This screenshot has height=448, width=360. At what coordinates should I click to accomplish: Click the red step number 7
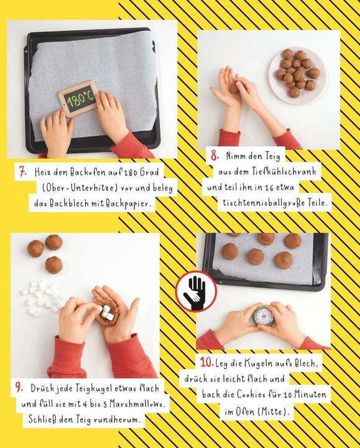[x=23, y=172]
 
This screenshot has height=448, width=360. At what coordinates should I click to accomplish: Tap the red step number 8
[x=215, y=156]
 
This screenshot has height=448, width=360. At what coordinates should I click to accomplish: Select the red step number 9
[x=19, y=388]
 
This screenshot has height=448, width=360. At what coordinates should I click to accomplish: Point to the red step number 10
[x=207, y=362]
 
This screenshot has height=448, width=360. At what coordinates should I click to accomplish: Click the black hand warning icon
[x=196, y=291]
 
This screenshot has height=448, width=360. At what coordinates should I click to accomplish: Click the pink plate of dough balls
[x=297, y=75]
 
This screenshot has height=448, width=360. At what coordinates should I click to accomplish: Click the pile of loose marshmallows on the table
[x=43, y=298]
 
